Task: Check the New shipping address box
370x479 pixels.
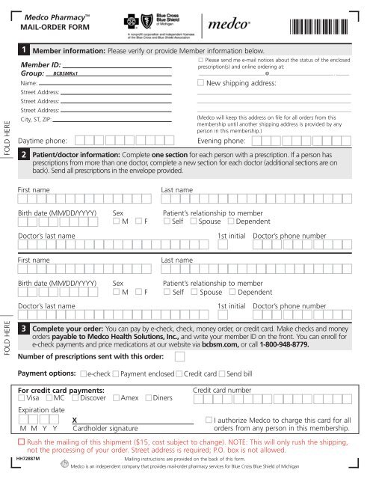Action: [200, 83]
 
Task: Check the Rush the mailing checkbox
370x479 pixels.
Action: [21, 442]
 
